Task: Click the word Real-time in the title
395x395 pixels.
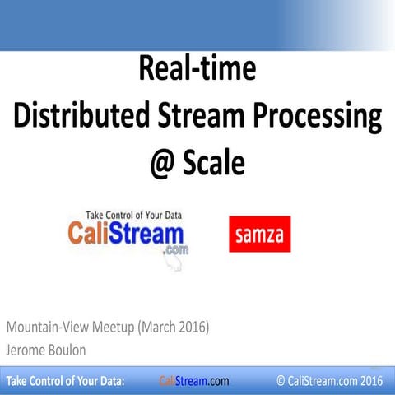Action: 197,69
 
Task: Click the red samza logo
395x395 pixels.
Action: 259,234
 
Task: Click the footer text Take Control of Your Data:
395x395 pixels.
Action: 65,381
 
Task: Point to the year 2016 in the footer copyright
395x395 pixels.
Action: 371,381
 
